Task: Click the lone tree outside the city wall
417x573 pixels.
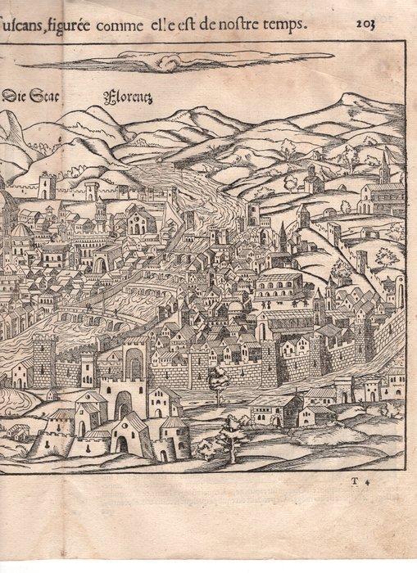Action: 218,381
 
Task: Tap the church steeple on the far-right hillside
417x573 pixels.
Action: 386,168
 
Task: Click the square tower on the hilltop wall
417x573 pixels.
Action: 48,186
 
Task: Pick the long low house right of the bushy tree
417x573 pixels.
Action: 275,409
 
